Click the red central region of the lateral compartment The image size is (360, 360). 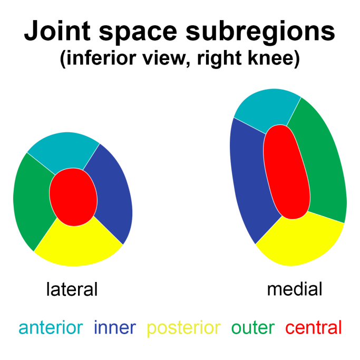click(x=73, y=197)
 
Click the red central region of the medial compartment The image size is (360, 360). click(x=287, y=172)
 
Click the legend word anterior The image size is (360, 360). click(x=51, y=327)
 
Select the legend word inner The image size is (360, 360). click(x=115, y=327)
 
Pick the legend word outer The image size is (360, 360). click(x=253, y=328)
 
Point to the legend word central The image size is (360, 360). click(x=314, y=327)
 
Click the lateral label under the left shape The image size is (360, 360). click(x=72, y=289)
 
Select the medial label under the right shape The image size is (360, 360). click(x=295, y=289)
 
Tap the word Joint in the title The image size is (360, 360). click(x=57, y=31)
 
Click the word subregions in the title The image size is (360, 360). click(x=260, y=32)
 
